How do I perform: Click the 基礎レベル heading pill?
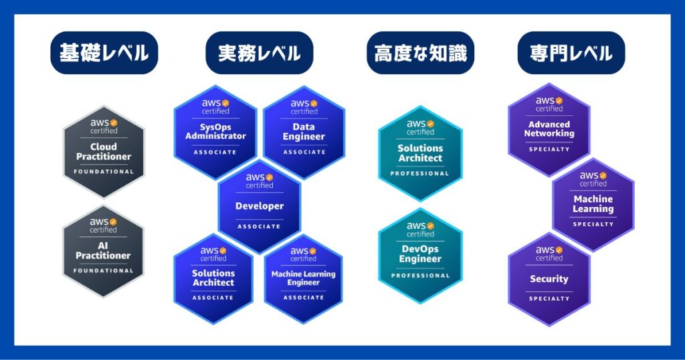coord(104,53)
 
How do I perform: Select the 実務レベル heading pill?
coord(260,53)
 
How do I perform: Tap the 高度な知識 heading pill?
coord(420,53)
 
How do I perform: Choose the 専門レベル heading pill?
coord(571,53)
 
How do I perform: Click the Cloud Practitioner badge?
coord(104,152)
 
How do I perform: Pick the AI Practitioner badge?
coord(103,251)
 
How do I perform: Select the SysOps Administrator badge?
coord(215,132)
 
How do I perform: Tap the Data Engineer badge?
coord(304,132)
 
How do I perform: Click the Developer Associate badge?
coord(259,206)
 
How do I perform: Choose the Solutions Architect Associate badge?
coord(213,279)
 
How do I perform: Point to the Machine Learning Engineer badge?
coord(303,279)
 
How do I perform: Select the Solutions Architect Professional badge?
coord(420,153)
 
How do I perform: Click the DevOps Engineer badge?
coord(420,256)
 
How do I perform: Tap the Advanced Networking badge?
coord(549,130)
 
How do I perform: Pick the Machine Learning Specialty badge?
coord(593,205)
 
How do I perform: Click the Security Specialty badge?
coord(549,279)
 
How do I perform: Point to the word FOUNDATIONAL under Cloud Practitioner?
coord(104,172)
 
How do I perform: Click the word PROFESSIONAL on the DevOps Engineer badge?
coord(420,276)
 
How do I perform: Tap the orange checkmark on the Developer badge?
coord(269,177)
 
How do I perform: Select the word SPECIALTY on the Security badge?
coord(549,299)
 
